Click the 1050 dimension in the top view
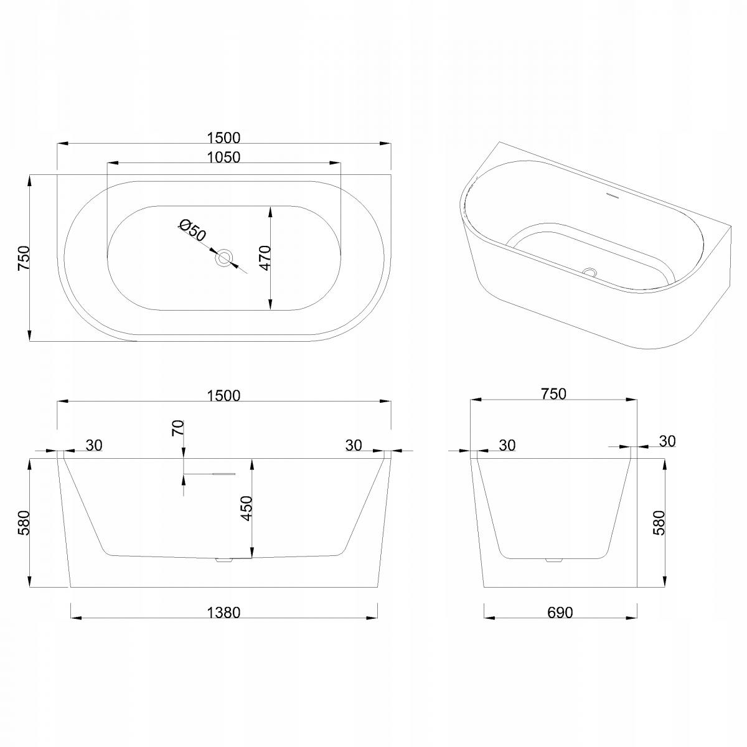[x=223, y=157]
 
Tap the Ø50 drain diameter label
[x=192, y=230]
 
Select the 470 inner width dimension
[x=265, y=258]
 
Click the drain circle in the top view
[x=225, y=258]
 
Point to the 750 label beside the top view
[x=24, y=258]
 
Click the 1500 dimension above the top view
[x=223, y=138]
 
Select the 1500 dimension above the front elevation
[x=223, y=395]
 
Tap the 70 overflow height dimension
[x=178, y=428]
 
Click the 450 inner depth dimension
[x=247, y=509]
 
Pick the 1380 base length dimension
[x=223, y=613]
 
